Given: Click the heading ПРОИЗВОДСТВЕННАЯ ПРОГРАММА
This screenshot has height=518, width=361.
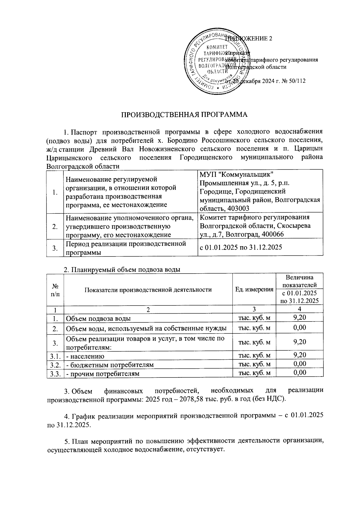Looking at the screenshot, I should point(184,115).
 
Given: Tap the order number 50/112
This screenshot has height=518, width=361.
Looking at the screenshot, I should point(296,81).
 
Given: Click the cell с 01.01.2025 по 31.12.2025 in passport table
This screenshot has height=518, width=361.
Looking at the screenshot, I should point(241,247).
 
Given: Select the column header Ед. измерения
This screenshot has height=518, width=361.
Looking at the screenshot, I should point(254,290).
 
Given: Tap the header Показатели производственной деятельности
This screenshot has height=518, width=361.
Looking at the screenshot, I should point(148,290).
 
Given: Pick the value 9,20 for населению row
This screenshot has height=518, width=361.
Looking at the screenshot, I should point(300,355).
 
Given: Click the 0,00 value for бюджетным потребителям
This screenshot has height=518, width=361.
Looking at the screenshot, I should point(300,364).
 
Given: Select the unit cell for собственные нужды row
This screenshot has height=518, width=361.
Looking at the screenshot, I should point(254,328).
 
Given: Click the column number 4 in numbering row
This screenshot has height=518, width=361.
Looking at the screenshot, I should point(300,309).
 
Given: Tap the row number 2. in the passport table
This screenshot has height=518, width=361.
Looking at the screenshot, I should point(55,226).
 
